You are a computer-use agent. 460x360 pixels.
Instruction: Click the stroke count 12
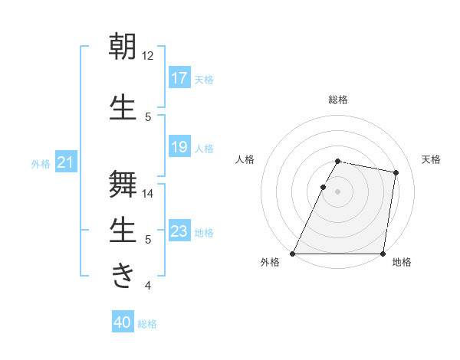coord(148,56)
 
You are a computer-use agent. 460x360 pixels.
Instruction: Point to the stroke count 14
coord(148,194)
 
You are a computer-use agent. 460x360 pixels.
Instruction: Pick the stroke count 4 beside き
coord(148,286)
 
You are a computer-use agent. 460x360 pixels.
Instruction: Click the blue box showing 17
coord(179,78)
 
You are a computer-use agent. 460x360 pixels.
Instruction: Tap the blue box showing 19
coord(179,148)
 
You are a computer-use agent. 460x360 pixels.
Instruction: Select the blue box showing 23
coord(179,231)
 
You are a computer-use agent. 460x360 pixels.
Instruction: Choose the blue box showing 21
coord(66,163)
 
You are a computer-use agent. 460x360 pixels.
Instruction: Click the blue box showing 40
coord(123,322)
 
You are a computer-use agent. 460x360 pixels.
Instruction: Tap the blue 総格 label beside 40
coord(147,324)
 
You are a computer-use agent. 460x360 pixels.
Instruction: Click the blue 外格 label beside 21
coord(41,164)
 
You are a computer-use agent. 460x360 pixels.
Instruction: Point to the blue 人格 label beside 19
coord(204,149)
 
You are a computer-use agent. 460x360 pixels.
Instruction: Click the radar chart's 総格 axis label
coord(337,100)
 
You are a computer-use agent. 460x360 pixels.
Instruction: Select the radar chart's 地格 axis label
coord(402,263)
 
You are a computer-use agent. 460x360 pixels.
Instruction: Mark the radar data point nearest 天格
coord(396,172)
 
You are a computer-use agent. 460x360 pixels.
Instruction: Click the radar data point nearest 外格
coord(293,254)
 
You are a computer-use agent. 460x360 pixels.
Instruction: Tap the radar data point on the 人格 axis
coord(323,187)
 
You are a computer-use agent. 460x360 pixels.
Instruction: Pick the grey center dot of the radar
coord(337,191)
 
